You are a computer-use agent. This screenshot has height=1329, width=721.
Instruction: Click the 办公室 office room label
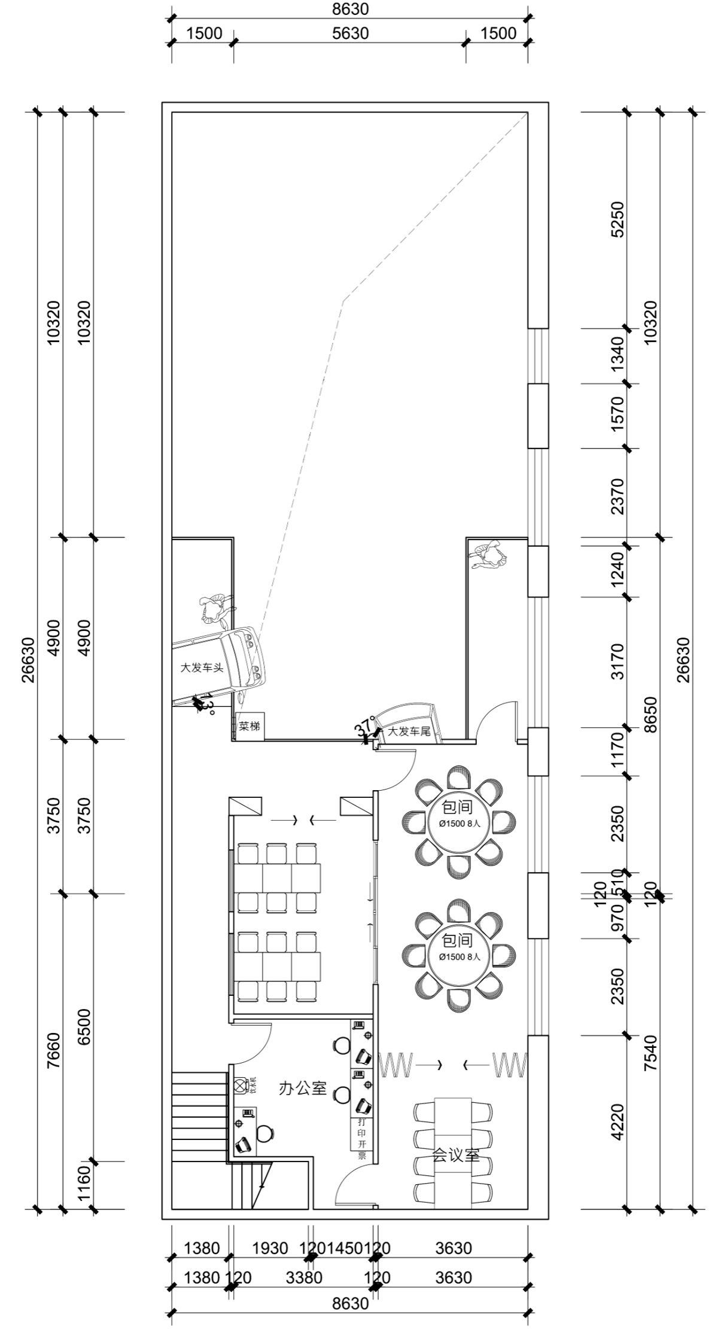tap(303, 1088)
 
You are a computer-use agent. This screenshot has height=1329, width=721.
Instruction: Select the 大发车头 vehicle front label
tap(202, 667)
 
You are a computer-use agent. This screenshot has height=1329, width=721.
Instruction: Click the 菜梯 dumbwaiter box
tap(250, 727)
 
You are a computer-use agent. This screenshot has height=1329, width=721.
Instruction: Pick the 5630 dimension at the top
tap(351, 33)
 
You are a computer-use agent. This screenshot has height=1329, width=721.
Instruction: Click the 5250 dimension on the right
tap(617, 220)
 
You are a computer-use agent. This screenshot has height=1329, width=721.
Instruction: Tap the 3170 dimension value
tap(617, 662)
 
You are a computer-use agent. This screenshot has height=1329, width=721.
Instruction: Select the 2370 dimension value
tap(617, 496)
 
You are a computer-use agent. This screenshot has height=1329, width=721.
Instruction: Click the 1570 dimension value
tap(617, 415)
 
